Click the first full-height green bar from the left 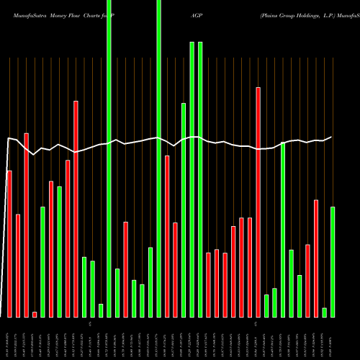click(x=109, y=158)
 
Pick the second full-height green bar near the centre click(x=158, y=158)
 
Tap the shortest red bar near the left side click(x=35, y=314)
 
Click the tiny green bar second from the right click(x=325, y=312)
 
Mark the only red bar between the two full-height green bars click(x=125, y=269)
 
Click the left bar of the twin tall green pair click(x=192, y=179)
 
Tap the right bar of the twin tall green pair click(x=200, y=179)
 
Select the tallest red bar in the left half click(x=76, y=209)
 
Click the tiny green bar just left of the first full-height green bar click(x=101, y=310)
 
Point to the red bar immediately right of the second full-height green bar click(x=167, y=236)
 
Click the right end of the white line click(x=332, y=137)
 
